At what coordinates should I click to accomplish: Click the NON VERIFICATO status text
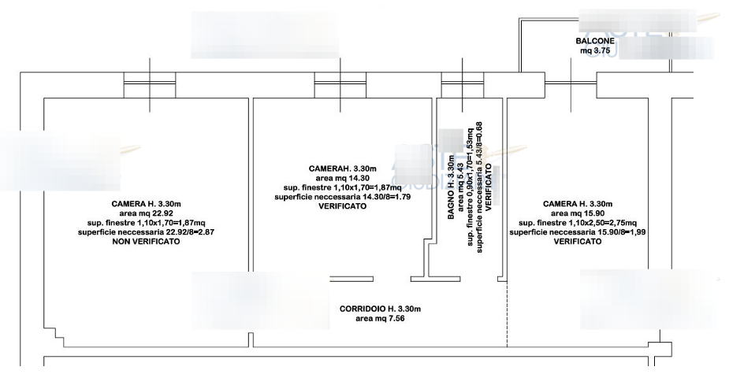[x=148, y=242]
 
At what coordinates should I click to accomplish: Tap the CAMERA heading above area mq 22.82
[x=147, y=203]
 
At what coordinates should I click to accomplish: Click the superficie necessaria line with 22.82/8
[x=148, y=232]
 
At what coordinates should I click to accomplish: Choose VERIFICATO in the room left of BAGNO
[x=344, y=206]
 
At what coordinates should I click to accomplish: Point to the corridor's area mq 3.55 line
[x=380, y=319]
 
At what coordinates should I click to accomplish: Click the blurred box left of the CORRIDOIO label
[x=261, y=299]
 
